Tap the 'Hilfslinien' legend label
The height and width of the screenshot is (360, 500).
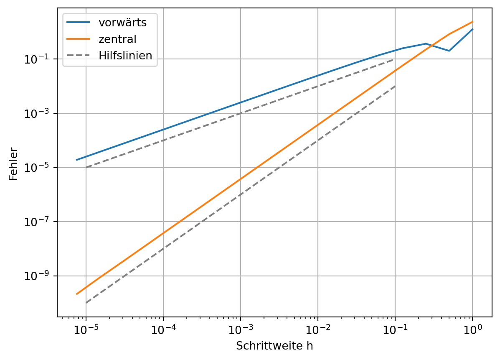tap(125, 55)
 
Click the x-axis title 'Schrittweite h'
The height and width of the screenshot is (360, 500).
tap(274, 346)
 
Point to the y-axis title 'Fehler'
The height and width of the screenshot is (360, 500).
tap(14, 163)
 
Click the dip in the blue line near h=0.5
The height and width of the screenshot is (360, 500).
tap(449, 51)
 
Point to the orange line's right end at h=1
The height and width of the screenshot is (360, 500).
tap(472, 22)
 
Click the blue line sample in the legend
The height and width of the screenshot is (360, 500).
tap(78, 23)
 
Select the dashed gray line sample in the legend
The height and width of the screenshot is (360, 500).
tap(78, 55)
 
